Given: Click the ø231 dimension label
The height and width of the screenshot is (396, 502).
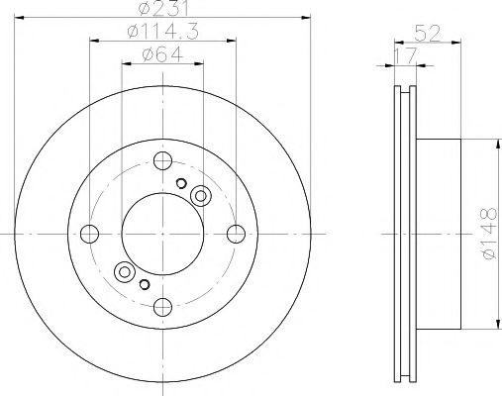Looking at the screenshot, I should pyautogui.click(x=163, y=11).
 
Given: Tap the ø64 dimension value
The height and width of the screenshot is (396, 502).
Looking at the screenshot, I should pyautogui.click(x=163, y=54).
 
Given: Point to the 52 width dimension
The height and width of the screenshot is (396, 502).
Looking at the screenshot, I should pyautogui.click(x=427, y=33).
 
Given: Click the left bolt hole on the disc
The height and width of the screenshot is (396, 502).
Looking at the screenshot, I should pyautogui.click(x=90, y=234).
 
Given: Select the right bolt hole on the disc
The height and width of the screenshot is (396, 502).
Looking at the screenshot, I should pyautogui.click(x=236, y=234).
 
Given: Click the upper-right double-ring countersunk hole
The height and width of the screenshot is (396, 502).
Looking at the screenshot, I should pyautogui.click(x=200, y=196).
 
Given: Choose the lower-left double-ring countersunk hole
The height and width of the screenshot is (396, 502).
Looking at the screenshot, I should pyautogui.click(x=126, y=271).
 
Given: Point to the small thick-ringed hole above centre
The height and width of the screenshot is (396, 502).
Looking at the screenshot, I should pyautogui.click(x=181, y=183).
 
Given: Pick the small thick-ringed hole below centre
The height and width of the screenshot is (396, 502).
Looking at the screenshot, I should pyautogui.click(x=145, y=285).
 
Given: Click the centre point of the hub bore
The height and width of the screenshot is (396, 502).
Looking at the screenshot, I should pyautogui.click(x=162, y=234).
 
